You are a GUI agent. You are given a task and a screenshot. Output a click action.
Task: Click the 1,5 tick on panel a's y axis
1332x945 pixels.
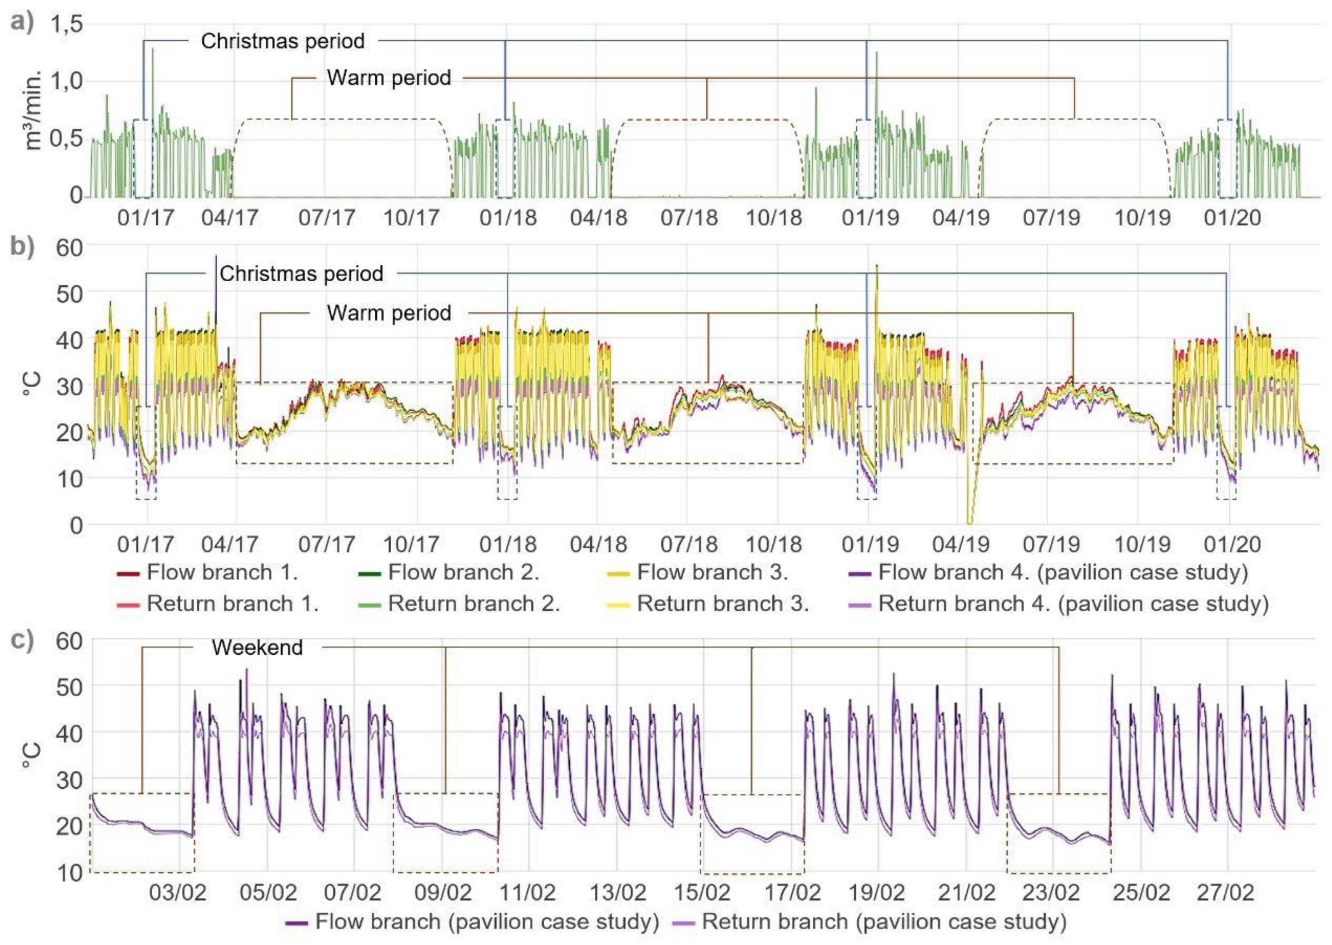66,25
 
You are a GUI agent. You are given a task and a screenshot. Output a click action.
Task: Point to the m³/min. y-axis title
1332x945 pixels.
34,110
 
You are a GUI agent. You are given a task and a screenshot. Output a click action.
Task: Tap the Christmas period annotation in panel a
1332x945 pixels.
283,41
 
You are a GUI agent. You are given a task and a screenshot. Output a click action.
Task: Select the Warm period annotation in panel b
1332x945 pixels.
389,313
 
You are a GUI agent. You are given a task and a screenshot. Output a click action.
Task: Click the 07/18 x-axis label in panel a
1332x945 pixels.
689,218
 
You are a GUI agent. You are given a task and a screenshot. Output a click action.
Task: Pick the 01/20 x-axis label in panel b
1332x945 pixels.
1233,545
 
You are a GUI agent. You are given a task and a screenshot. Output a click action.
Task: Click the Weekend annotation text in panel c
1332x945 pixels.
257,648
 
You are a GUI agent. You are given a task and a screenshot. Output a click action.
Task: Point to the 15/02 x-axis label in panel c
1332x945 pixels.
702,892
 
